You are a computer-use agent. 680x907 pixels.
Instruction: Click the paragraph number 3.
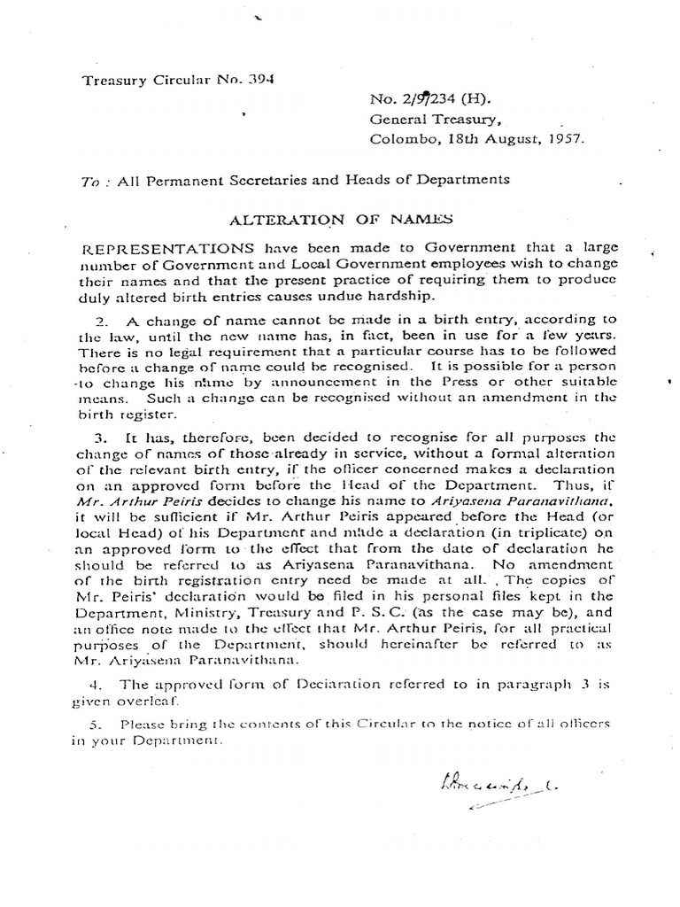pyautogui.click(x=99, y=438)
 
